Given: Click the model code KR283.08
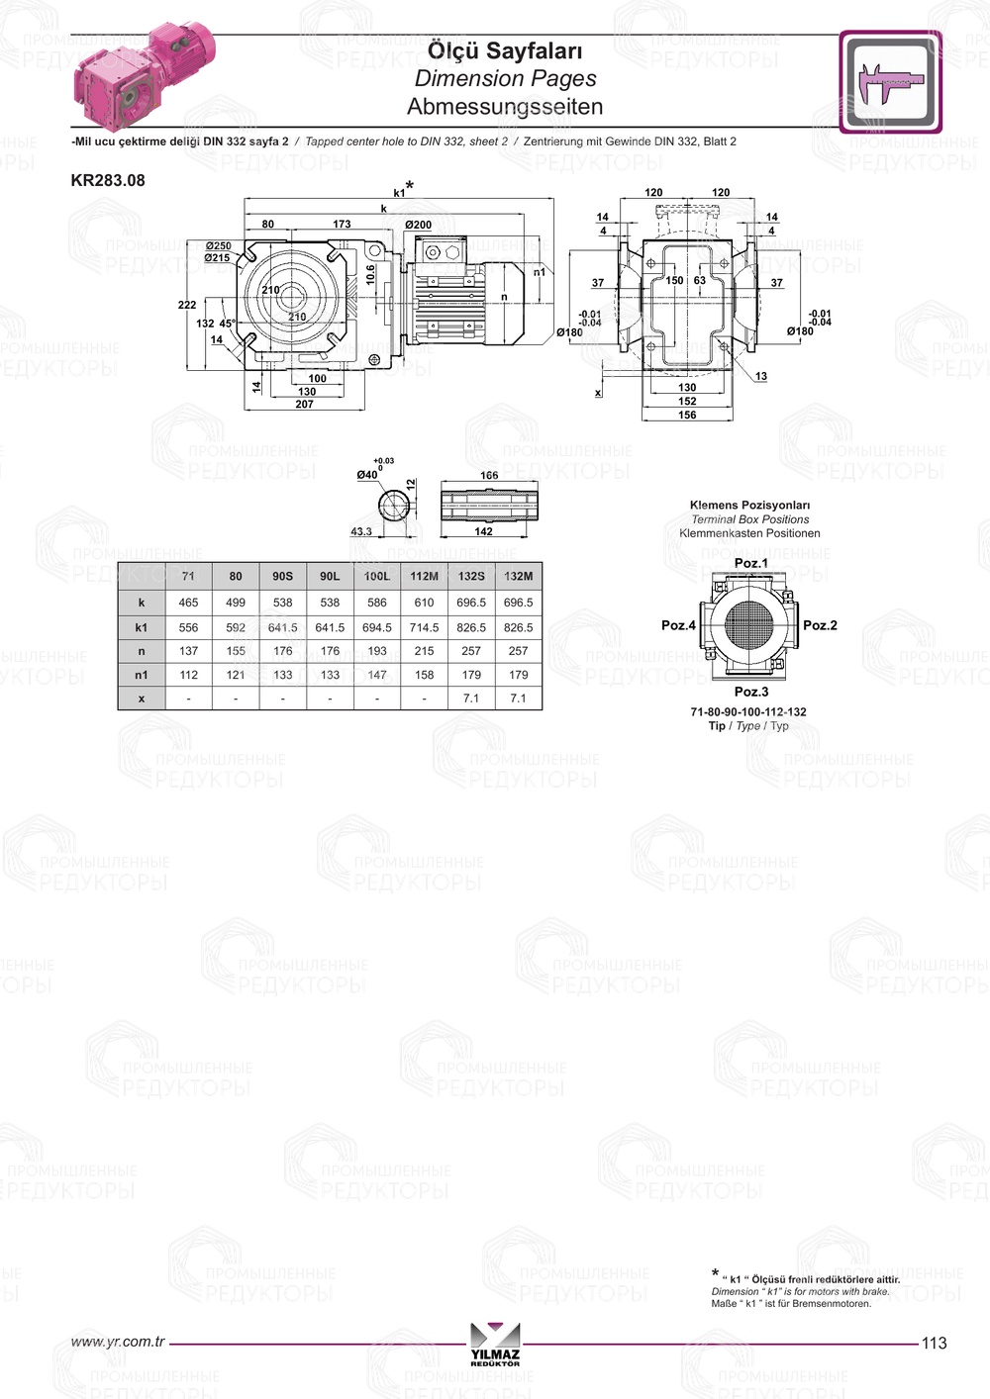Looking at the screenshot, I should click(107, 180).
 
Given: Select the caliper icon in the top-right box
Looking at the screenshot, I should click(890, 82).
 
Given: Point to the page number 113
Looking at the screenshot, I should click(934, 1343).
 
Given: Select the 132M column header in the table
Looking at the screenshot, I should click(518, 576).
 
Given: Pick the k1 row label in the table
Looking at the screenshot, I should click(142, 627).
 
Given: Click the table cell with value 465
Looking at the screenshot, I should click(188, 603).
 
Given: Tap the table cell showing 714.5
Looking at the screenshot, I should click(424, 627).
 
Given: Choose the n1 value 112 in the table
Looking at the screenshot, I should click(188, 675).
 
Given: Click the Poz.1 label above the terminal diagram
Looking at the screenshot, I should click(750, 563).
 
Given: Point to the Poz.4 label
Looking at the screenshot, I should click(678, 625).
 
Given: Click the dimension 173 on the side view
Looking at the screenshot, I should click(342, 225).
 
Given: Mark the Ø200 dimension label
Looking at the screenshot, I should click(418, 225).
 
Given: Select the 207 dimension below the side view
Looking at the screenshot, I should click(304, 404).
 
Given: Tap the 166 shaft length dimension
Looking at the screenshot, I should click(489, 476).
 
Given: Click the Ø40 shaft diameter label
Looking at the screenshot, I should click(367, 475).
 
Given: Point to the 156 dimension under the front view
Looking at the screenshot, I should click(687, 415).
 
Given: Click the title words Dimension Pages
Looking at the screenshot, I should click(505, 78).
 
